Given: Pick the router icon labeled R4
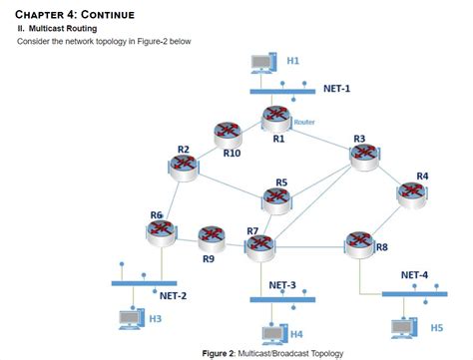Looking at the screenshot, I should pos(413,194).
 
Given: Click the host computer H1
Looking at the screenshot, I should pos(261,65).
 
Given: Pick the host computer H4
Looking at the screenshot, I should pos(271,332).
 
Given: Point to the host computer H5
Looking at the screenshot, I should pos(404,325).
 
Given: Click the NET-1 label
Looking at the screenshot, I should pos(336,89).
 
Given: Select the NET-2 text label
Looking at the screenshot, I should pos(173,295).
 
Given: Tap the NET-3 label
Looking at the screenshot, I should pos(282,284).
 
